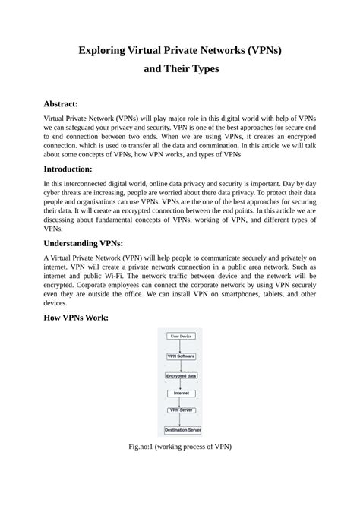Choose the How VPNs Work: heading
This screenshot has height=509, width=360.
click(x=76, y=317)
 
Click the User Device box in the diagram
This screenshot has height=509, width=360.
click(x=181, y=336)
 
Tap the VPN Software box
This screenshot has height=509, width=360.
click(x=181, y=356)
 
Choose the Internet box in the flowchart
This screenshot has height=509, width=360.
click(x=181, y=393)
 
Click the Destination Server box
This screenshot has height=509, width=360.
click(x=182, y=429)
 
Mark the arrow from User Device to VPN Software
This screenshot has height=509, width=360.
click(x=181, y=346)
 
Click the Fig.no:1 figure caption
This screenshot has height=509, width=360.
click(x=180, y=447)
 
